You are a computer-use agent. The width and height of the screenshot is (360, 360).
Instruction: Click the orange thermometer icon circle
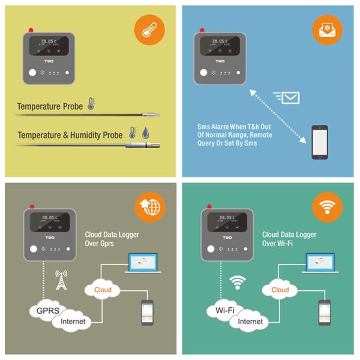(149, 30)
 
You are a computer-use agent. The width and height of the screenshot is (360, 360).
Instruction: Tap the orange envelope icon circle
(328, 30)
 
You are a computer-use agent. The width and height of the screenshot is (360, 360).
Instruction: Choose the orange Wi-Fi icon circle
(327, 208)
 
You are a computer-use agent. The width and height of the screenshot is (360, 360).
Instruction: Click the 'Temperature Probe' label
(50, 107)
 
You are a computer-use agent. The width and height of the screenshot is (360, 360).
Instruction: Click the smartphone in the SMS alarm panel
(319, 142)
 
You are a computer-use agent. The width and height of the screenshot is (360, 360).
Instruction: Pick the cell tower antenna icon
(61, 280)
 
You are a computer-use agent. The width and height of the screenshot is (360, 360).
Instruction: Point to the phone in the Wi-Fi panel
(325, 312)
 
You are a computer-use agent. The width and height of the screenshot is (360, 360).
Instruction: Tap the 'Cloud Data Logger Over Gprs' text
(106, 239)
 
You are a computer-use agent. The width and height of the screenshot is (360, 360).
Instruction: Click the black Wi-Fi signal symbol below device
(239, 281)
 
